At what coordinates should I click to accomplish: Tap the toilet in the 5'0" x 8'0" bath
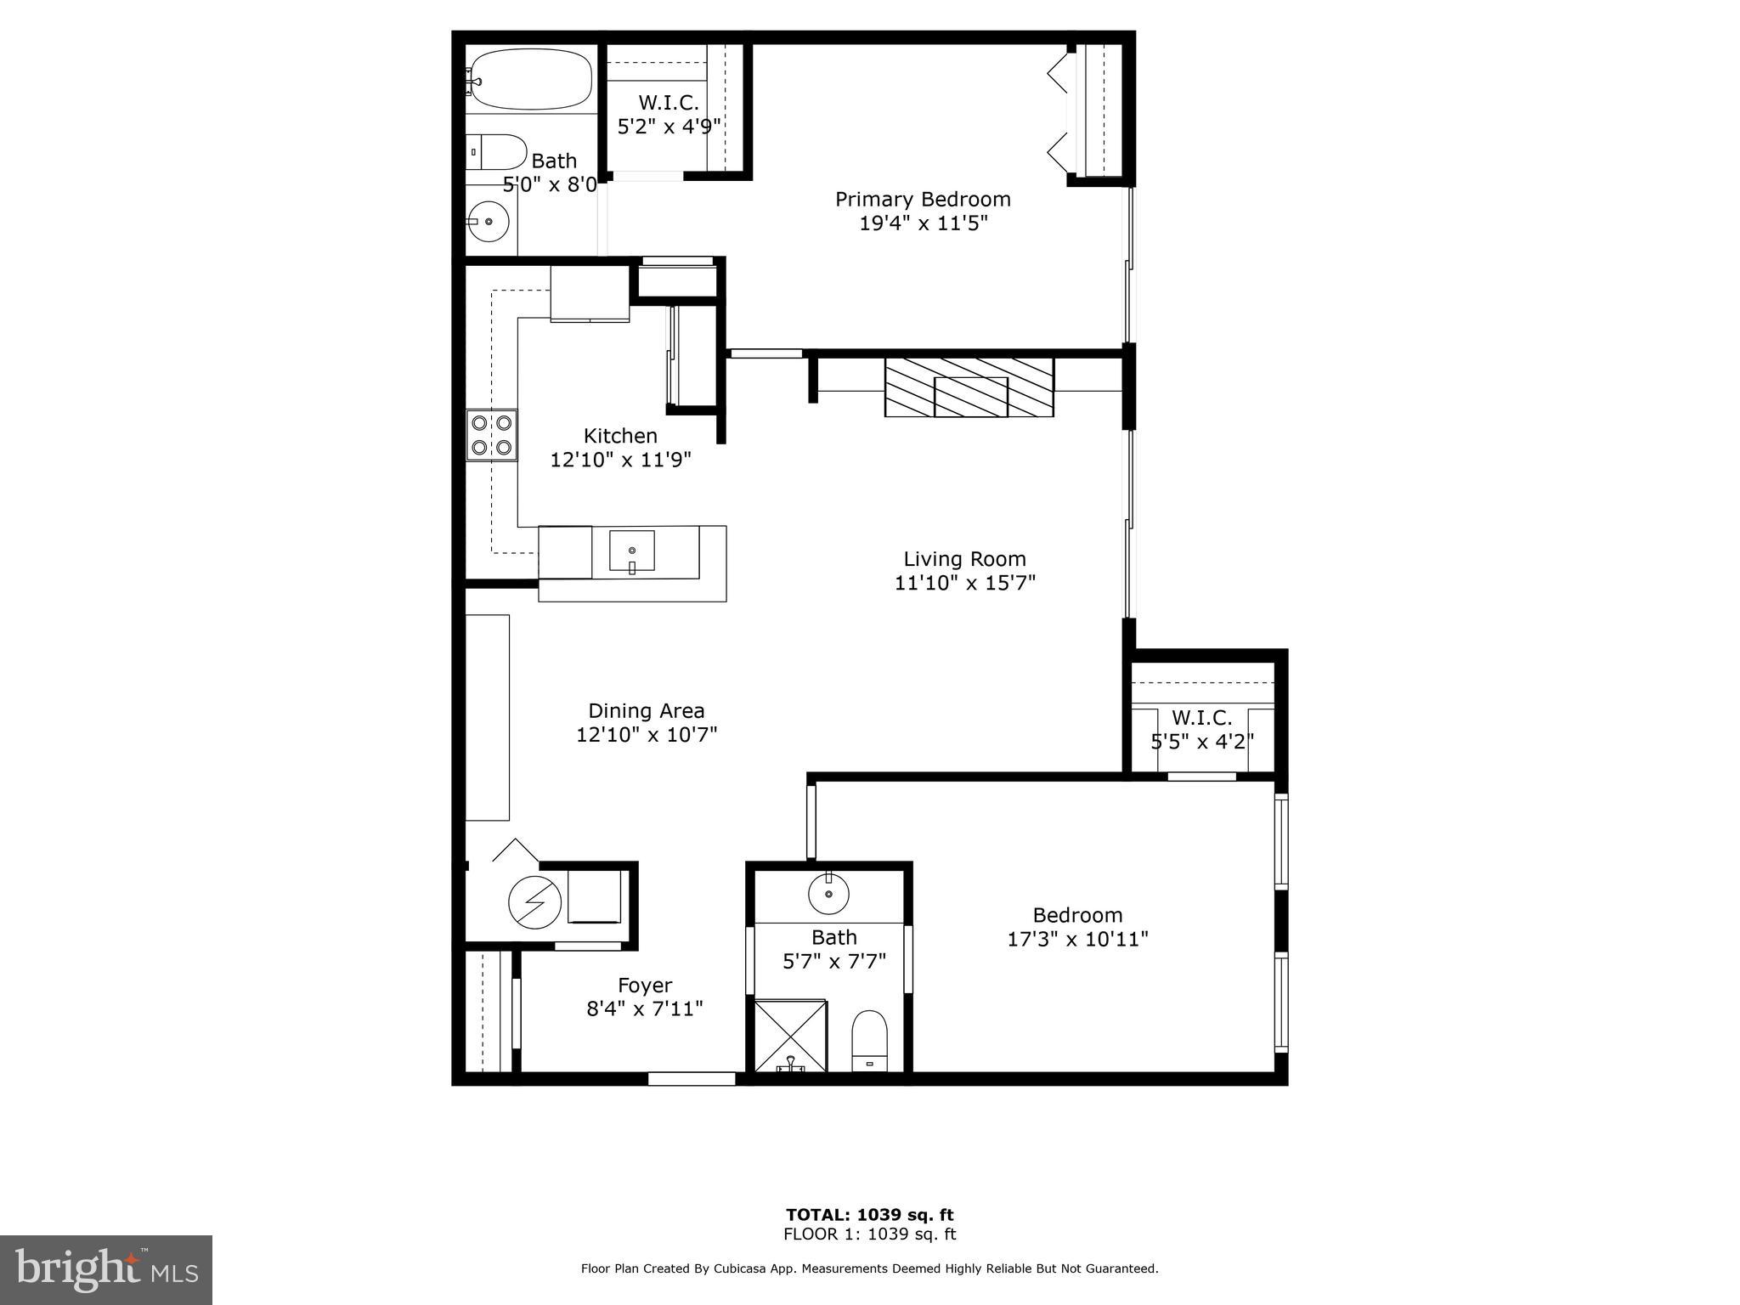click(499, 152)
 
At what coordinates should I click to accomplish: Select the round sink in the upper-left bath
click(489, 222)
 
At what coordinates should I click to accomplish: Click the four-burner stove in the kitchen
click(492, 435)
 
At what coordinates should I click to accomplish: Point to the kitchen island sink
click(632, 551)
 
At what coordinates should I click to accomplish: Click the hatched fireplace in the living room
click(969, 387)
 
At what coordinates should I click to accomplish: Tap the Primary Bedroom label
click(923, 199)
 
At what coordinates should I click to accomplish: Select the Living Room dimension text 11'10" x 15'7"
click(964, 583)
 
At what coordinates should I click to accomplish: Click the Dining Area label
click(647, 710)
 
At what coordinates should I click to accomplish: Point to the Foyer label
click(645, 985)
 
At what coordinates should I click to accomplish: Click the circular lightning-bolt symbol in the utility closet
click(534, 901)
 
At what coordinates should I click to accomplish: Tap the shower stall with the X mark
click(790, 1036)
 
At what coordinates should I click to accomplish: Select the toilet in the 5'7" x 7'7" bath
click(869, 1040)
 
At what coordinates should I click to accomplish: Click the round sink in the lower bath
click(828, 893)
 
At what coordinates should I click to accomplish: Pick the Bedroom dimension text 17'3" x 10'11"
click(1077, 939)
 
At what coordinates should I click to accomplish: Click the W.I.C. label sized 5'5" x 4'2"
click(1201, 718)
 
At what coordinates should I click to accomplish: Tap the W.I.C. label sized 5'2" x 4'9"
click(669, 103)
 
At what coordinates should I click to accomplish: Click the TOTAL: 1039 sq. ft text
click(869, 1214)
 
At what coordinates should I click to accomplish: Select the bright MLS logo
click(106, 1269)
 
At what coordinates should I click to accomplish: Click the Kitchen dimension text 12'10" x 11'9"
click(620, 460)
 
